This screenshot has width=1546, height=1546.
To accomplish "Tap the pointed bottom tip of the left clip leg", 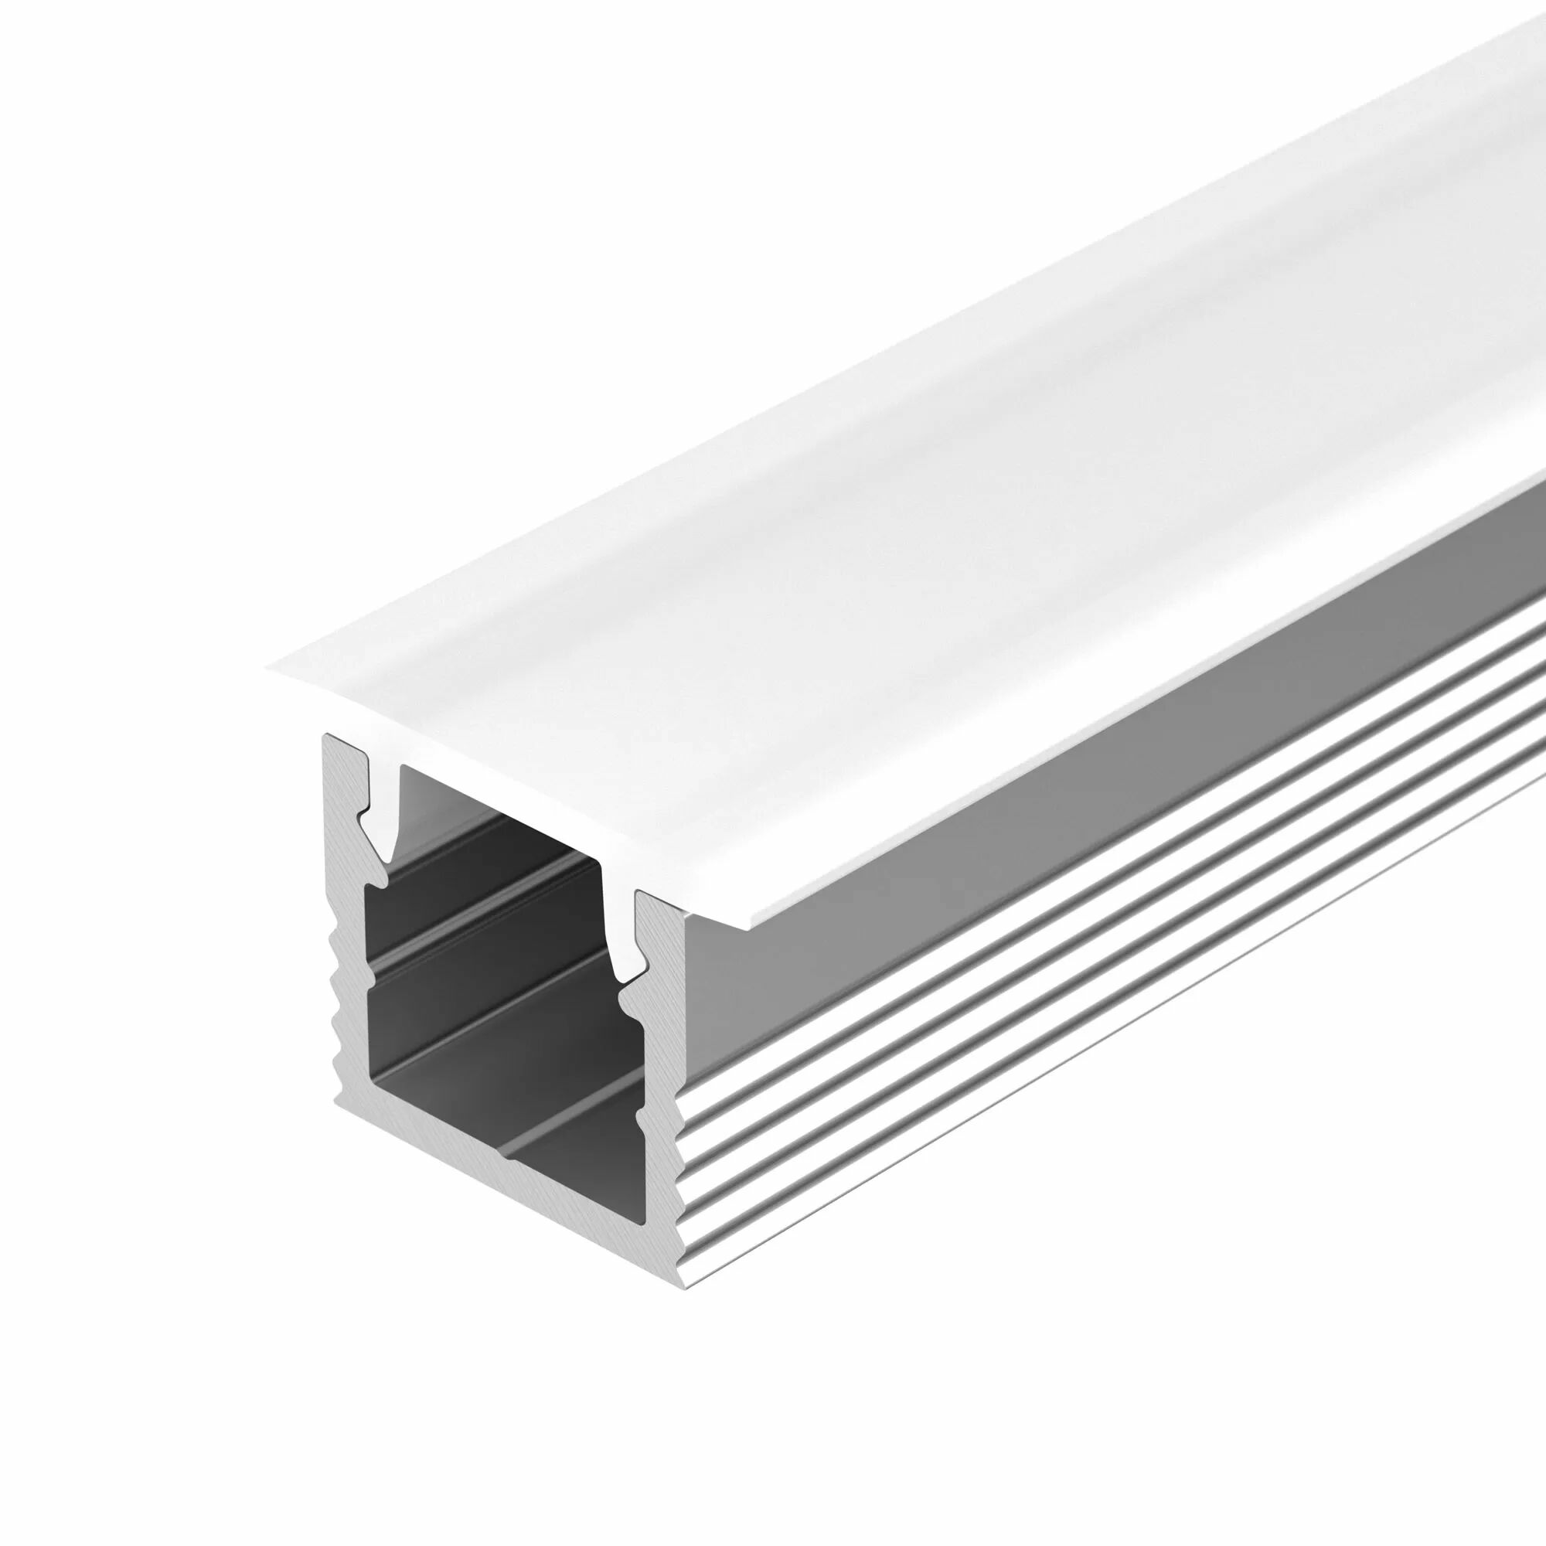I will (389, 860).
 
